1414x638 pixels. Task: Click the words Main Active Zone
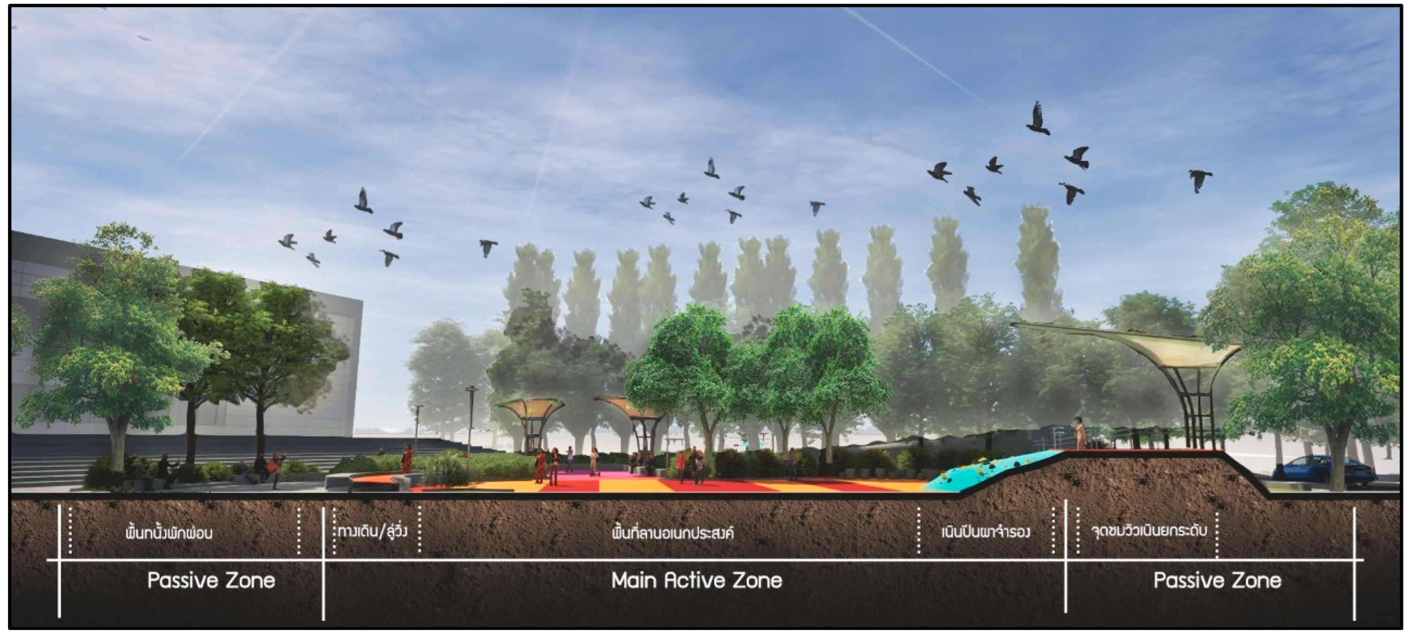(x=696, y=580)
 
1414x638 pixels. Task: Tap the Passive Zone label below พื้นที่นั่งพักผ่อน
(x=211, y=580)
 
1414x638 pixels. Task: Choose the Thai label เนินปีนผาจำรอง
(x=985, y=531)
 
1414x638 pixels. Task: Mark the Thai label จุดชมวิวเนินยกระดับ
(x=1148, y=531)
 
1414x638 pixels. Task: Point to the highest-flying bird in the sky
(x=1037, y=118)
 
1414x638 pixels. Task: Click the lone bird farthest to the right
(x=1200, y=180)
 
